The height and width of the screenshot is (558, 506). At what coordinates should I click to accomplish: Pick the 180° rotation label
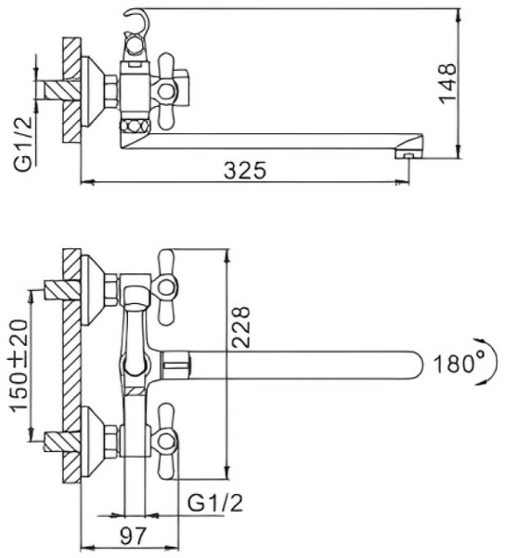pos(456,364)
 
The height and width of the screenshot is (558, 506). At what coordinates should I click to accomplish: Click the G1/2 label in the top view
pos(20,144)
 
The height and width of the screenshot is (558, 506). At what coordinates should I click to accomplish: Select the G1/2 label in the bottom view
pos(215,503)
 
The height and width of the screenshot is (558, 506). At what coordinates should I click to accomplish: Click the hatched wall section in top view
pos(72,90)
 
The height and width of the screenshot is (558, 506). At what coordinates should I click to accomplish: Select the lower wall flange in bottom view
pos(94,436)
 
